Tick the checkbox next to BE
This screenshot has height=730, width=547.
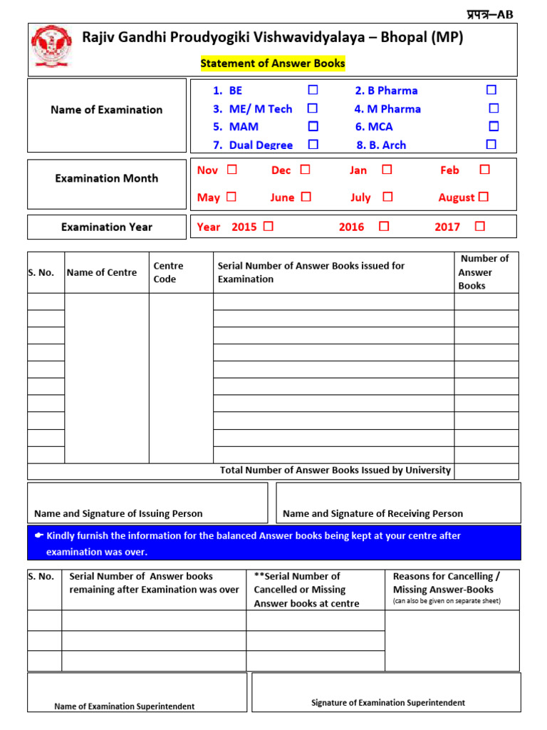point(313,91)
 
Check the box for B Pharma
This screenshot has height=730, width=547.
point(491,91)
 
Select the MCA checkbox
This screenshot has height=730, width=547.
point(494,126)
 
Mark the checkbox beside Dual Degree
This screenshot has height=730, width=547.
point(313,144)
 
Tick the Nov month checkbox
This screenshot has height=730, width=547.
point(232,170)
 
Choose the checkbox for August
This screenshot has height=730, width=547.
point(484,197)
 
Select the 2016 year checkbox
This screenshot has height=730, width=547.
point(384,227)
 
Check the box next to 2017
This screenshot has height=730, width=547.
point(479,227)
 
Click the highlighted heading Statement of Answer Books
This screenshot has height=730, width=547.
point(273,63)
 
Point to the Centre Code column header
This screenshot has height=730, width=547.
point(168,272)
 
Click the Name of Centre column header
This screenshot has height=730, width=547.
point(102,272)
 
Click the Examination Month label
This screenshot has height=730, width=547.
point(107,178)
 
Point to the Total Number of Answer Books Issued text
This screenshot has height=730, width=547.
point(335,471)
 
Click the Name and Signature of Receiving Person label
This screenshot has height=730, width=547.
point(373,513)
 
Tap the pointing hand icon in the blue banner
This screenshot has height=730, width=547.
point(39,535)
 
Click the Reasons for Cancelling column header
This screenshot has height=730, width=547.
point(447,582)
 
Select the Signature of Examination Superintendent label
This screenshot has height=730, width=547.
point(388,703)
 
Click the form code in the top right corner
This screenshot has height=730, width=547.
point(489,14)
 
